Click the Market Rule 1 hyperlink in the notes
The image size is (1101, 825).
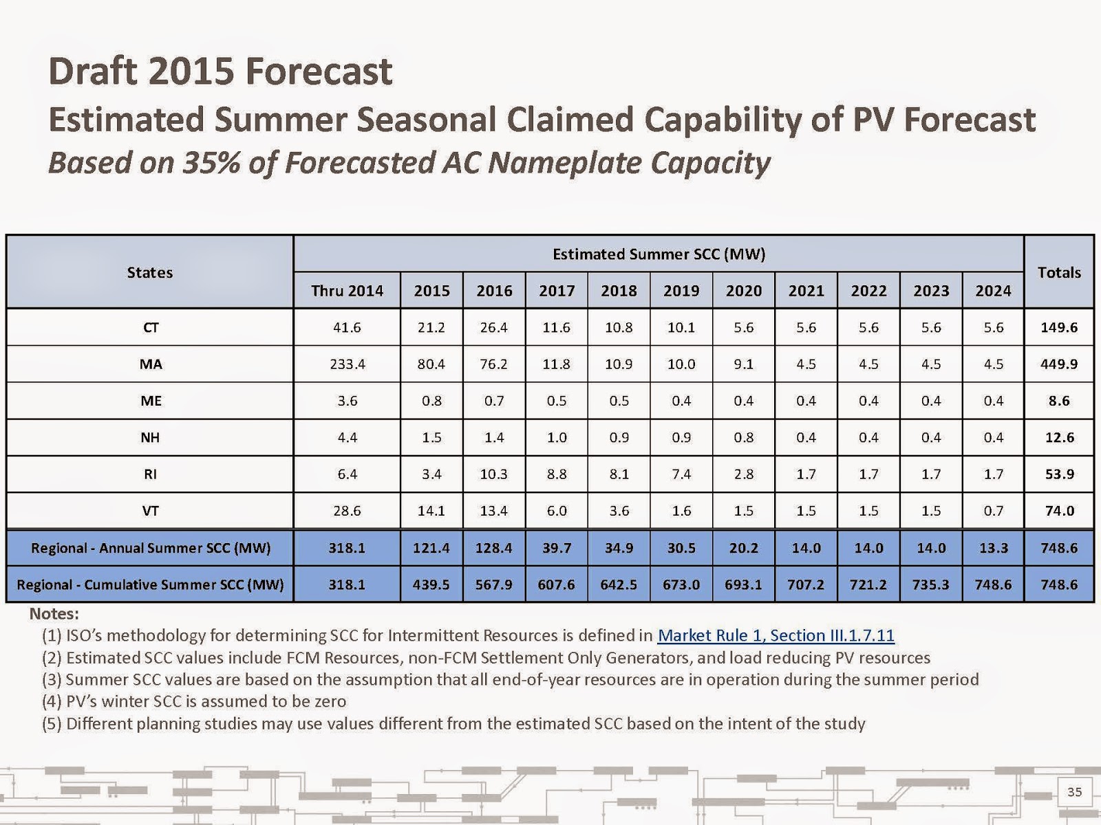coord(776,635)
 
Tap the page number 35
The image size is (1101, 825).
coord(1074,792)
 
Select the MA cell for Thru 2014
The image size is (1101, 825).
coord(347,364)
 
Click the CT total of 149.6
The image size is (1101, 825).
coord(1059,327)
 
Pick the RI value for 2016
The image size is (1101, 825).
coord(494,474)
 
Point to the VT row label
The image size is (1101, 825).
coord(150,511)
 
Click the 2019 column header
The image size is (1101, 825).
coord(681,291)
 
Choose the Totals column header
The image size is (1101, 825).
coord(1059,272)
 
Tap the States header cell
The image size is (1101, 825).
coord(150,272)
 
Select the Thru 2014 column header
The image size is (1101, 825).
coord(347,291)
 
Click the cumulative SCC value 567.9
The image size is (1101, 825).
coord(494,585)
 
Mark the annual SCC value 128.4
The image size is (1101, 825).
coord(494,548)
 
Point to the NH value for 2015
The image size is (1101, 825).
coord(431,437)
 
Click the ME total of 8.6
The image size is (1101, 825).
coord(1059,401)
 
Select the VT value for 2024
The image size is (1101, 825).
coord(993,511)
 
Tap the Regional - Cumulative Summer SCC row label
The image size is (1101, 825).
coord(150,585)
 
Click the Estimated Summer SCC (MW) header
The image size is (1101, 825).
coord(659,254)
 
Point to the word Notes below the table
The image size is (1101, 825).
coord(54,613)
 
